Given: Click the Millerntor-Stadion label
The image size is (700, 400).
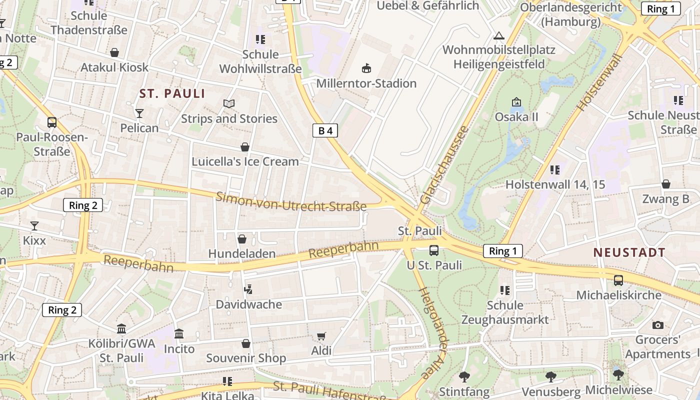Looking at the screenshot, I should click(x=366, y=83).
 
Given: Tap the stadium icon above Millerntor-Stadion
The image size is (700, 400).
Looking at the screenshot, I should click(x=366, y=68).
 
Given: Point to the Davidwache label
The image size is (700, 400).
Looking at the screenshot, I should click(x=248, y=304).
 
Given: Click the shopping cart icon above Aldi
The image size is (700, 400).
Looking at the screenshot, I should click(x=321, y=336).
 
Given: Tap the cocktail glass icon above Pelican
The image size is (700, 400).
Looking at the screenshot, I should click(x=139, y=113).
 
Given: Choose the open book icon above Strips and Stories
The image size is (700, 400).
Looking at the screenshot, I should click(x=229, y=103).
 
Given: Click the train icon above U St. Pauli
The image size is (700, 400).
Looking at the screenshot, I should click(x=434, y=250).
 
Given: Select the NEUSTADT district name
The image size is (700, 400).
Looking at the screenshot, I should click(x=629, y=252).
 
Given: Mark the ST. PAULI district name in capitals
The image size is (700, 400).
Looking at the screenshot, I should click(x=172, y=93).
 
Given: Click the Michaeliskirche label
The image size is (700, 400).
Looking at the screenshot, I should click(x=618, y=295).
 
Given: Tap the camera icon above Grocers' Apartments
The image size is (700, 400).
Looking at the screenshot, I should click(x=658, y=325).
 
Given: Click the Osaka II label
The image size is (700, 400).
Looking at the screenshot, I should click(x=516, y=116).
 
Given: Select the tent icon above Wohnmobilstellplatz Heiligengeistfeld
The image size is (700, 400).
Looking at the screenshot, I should click(x=498, y=36).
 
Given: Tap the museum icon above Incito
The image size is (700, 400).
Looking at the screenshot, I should click(x=179, y=333).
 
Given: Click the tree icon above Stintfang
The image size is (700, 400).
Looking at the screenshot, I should click(x=464, y=376).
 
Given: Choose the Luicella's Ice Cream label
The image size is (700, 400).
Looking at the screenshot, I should click(x=245, y=161).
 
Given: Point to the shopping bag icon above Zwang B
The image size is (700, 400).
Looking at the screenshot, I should click(x=665, y=184).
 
